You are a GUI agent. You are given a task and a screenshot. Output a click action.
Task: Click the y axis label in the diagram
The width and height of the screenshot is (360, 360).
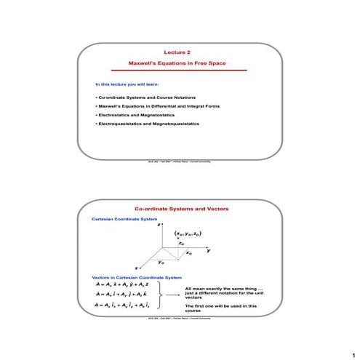209,250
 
